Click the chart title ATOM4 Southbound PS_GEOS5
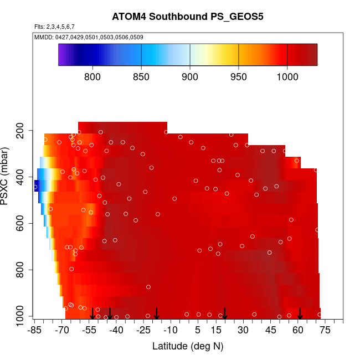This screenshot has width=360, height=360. coord(187,17)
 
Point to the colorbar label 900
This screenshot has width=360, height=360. coord(190,76)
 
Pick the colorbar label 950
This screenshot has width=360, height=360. coord(239,76)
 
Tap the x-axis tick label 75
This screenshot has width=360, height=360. coord(325,331)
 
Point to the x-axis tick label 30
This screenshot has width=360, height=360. coord(243,331)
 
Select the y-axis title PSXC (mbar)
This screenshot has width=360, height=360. coord(7,176)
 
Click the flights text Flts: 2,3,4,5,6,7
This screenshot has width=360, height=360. coord(54,27)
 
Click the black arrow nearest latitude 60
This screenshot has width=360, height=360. coord(300,314)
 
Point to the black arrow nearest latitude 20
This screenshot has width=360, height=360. coord(225,314)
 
